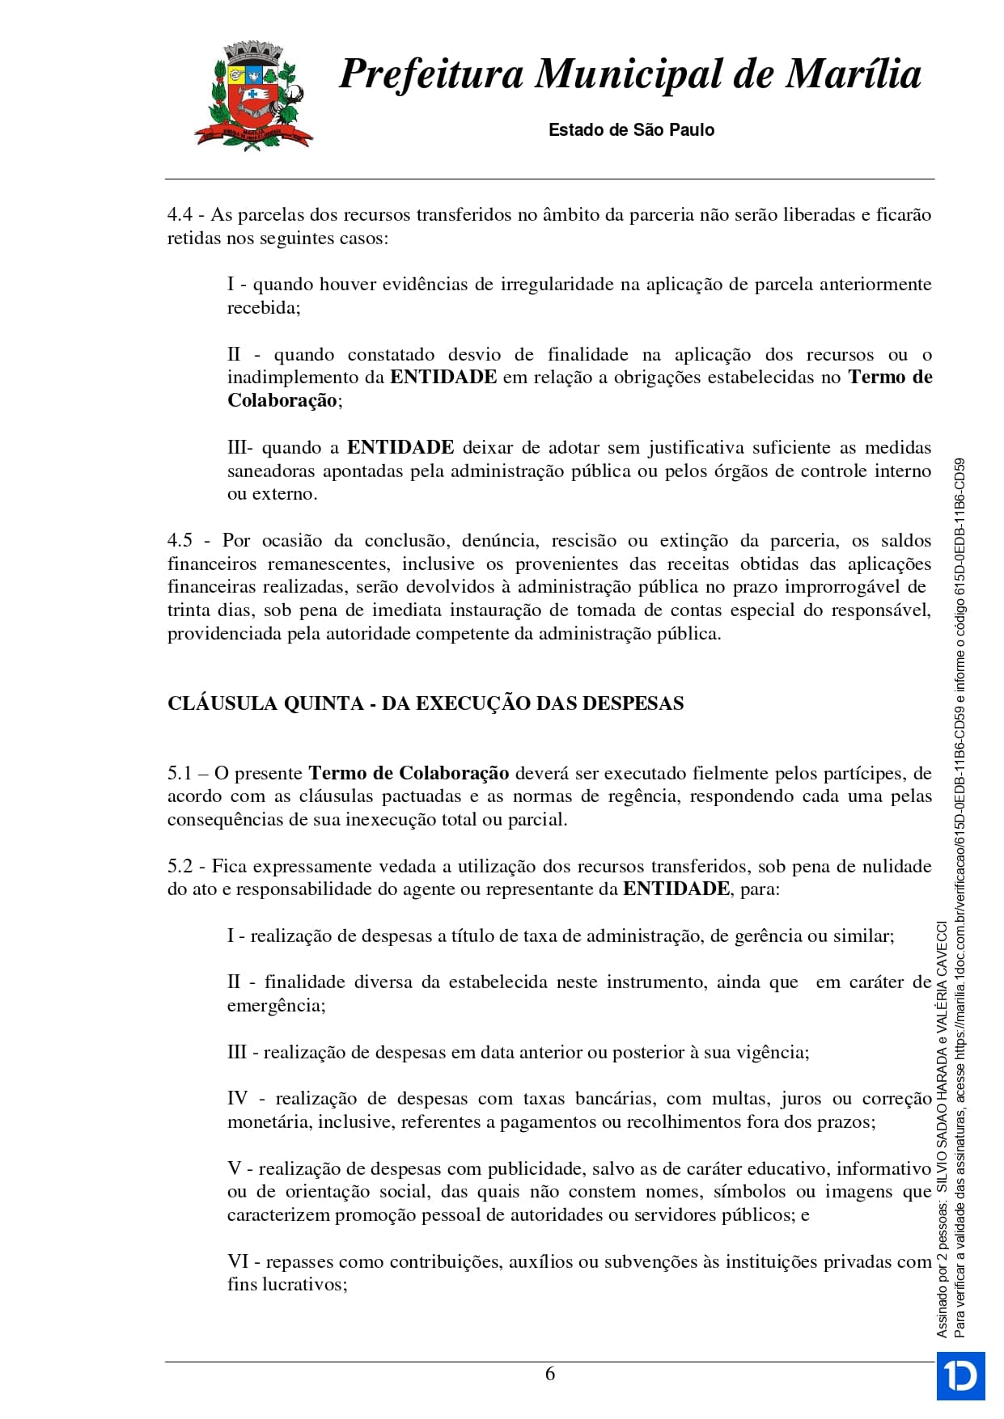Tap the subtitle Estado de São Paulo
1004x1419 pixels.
pyautogui.click(x=631, y=129)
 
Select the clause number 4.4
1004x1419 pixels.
pyautogui.click(x=180, y=215)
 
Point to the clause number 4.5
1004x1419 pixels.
pyautogui.click(x=180, y=541)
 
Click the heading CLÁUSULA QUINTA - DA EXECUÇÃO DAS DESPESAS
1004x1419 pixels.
pyautogui.click(x=426, y=703)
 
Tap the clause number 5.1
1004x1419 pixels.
pyautogui.click(x=180, y=774)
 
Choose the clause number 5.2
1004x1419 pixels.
pyautogui.click(x=180, y=867)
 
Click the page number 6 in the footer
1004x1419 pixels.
pyautogui.click(x=550, y=1374)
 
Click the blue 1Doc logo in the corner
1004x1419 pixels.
pyautogui.click(x=961, y=1375)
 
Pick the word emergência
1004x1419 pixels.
pyautogui.click(x=275, y=1006)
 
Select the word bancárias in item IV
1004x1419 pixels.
pyautogui.click(x=618, y=1099)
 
